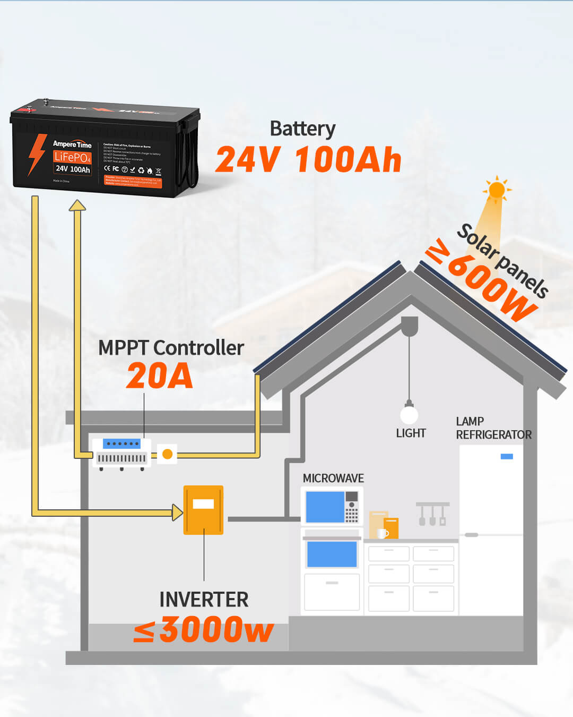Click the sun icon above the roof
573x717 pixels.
497,190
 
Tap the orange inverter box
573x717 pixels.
203,510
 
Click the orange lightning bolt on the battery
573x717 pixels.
37,154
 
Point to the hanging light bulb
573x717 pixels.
409,414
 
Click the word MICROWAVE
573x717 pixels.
333,478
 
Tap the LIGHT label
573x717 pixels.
411,433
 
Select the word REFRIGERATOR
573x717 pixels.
493,434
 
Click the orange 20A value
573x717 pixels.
159,376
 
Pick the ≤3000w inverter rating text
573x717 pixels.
204,630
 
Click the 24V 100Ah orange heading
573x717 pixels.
308,159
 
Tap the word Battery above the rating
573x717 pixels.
302,129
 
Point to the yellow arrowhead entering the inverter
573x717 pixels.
178,513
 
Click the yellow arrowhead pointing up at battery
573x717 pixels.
77,206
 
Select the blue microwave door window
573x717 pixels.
325,507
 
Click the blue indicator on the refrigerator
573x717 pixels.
507,456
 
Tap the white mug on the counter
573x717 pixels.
381,533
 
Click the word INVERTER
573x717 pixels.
204,599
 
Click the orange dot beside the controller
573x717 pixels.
167,454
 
